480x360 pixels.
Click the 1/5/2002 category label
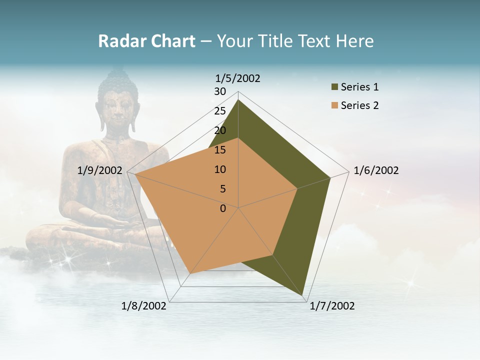tap(237, 78)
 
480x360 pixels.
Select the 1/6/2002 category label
tap(376, 170)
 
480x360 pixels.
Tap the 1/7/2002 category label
tap(332, 306)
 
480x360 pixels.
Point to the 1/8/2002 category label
tap(144, 306)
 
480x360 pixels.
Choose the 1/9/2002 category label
tap(100, 170)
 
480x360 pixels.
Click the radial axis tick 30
tap(220, 91)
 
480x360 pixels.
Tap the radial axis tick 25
tap(220, 111)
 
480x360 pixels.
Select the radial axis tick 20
tap(220, 130)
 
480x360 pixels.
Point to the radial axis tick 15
tap(220, 150)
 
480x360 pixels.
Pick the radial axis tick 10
tap(220, 169)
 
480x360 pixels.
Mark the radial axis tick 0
tap(223, 208)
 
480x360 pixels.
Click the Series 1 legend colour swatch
tap(334, 87)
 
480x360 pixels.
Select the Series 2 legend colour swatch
tap(334, 105)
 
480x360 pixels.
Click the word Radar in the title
tap(120, 41)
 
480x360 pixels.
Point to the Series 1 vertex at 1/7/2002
tap(303, 296)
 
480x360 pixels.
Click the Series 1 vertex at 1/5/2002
tap(238, 99)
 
